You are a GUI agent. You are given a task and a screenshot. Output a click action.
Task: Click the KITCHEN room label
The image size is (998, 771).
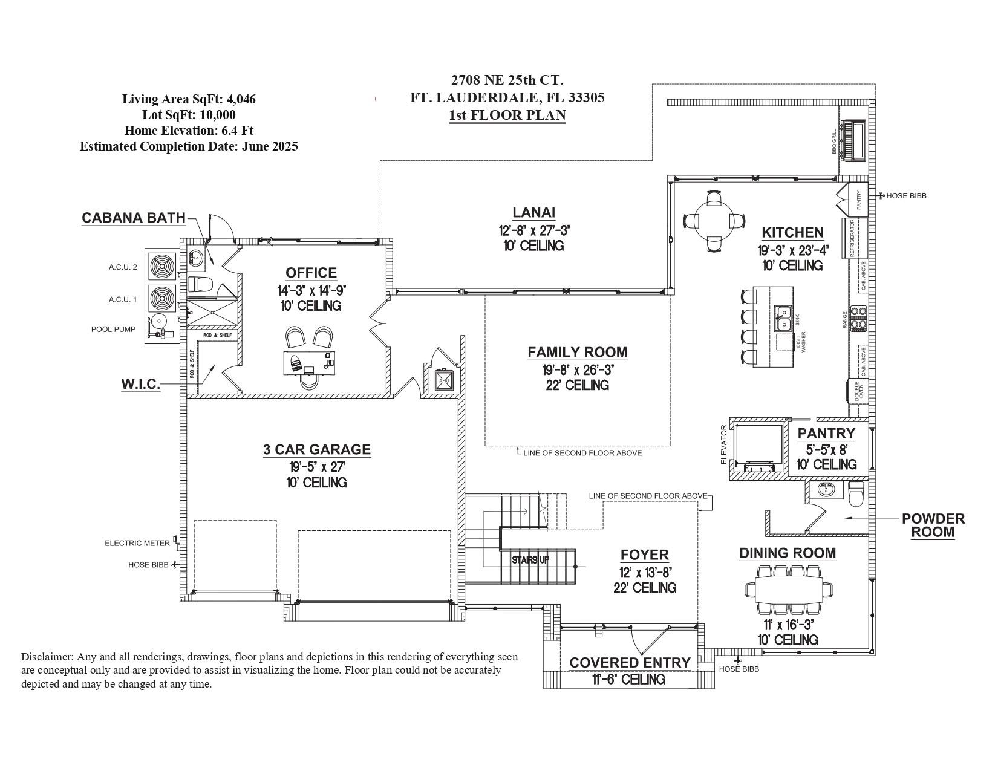tap(792, 233)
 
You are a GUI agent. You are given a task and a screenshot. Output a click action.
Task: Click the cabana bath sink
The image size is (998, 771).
tap(196, 259)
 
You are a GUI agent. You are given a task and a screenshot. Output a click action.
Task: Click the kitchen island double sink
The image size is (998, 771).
tap(784, 318)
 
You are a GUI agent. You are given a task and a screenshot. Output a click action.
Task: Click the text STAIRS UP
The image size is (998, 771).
tap(530, 560)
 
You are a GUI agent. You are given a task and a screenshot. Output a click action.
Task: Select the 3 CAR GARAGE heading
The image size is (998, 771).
tap(316, 449)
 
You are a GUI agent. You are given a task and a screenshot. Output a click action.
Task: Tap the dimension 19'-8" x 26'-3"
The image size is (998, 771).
tap(578, 369)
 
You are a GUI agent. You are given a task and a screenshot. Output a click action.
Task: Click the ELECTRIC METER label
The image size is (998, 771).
tap(137, 543)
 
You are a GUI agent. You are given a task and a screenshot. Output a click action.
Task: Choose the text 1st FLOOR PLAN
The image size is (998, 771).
tap(507, 115)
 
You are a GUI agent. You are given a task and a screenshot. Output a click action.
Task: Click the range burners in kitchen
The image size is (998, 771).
tap(858, 318)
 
